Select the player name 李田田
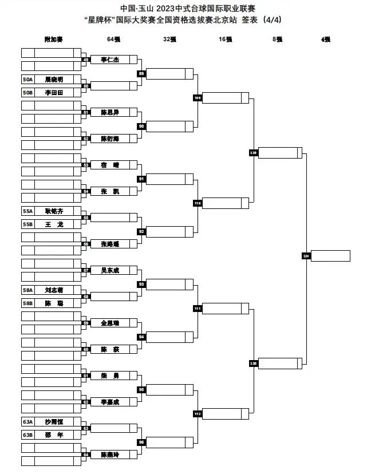[54, 92]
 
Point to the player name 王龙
[54, 224]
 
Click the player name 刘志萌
[54, 290]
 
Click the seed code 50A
[28, 80]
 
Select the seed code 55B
[28, 224]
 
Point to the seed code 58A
[28, 290]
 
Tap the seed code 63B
[28, 435]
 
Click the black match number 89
[141, 73]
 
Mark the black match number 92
[141, 231]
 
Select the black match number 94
[141, 337]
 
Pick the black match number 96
[141, 442]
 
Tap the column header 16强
[225, 39]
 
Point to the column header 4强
[326, 39]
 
